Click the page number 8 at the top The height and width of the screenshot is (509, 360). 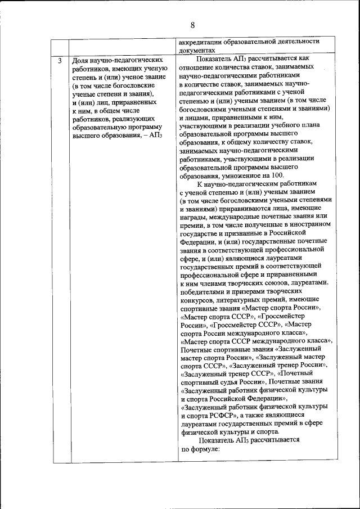click(192, 25)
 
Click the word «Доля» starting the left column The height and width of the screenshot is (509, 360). click(82, 59)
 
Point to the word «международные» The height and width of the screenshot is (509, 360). click(235, 216)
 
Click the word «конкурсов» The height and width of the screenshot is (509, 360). click(196, 300)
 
